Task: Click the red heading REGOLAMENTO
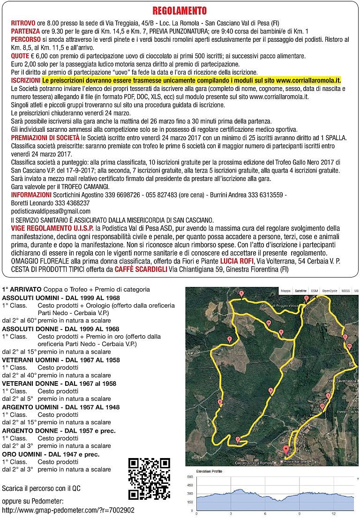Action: coord(180,10)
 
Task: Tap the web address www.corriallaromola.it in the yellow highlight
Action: coord(308,81)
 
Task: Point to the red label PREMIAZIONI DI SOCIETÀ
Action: coord(45,138)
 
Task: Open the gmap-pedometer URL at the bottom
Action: coord(68,510)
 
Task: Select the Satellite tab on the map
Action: coord(300,291)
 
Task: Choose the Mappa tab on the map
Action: coord(285,291)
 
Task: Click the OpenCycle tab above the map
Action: coord(330,291)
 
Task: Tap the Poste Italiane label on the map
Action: coord(294,462)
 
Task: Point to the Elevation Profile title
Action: coord(209,471)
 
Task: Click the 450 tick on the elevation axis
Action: coord(190,485)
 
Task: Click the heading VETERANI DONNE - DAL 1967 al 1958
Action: coord(59,384)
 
